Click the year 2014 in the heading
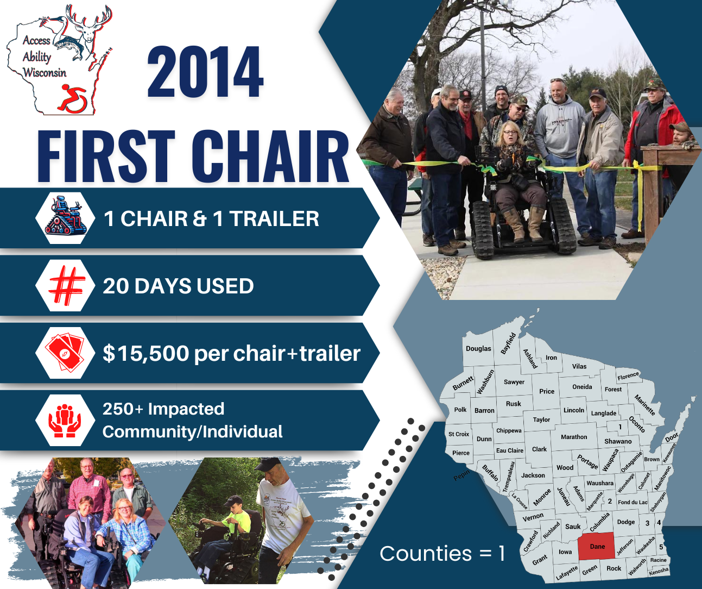point(205,73)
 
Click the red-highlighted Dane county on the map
point(597,547)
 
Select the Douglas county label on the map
point(478,348)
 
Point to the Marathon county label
point(574,437)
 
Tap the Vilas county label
point(579,366)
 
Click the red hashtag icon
point(66,286)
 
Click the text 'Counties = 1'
point(442,553)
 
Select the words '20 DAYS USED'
point(178,286)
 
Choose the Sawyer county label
point(514,382)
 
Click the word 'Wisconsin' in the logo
point(45,73)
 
